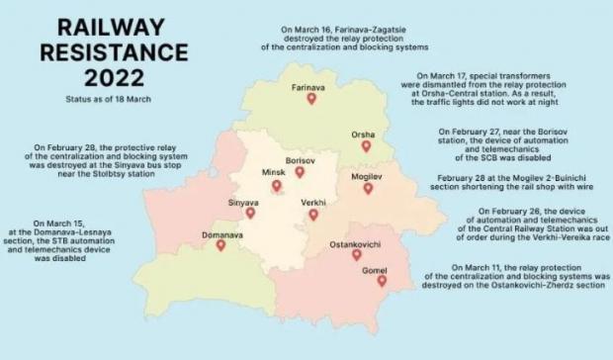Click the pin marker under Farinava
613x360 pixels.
pyautogui.click(x=310, y=99)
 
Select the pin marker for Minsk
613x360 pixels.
pyautogui.click(x=275, y=185)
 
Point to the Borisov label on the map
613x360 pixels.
pyautogui.click(x=299, y=159)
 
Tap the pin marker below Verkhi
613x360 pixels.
pyautogui.click(x=312, y=214)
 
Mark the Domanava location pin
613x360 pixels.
pyautogui.click(x=220, y=245)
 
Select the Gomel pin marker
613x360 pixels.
pyautogui.click(x=382, y=281)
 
